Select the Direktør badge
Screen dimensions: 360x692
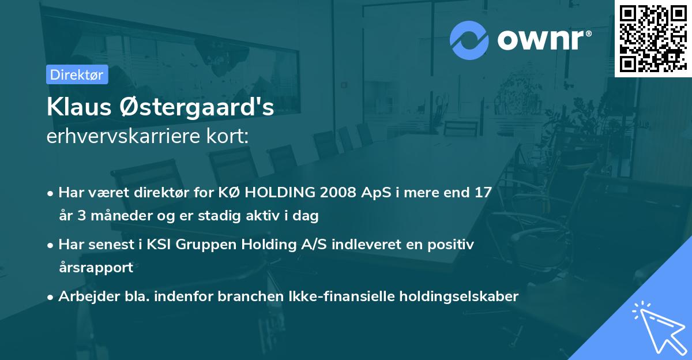[x=77, y=74]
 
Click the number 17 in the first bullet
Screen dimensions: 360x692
[x=483, y=192]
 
